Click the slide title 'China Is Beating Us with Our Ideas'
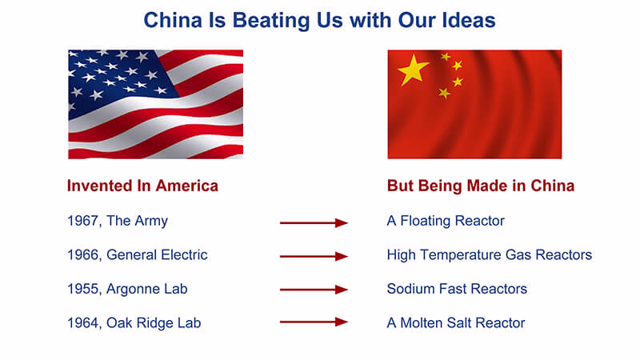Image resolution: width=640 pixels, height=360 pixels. coord(319,21)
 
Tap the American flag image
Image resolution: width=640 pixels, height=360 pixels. coord(155,104)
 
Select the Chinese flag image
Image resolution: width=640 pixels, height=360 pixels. coord(474,104)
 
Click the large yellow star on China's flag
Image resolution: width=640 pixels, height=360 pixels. coord(413,70)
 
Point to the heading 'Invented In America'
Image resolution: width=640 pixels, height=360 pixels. coord(142,186)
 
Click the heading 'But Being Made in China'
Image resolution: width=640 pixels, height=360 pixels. coord(481,186)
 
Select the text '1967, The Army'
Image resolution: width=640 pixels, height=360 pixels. coord(118,221)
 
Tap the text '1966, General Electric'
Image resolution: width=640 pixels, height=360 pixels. coord(138,254)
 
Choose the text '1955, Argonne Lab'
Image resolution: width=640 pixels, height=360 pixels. coord(127,289)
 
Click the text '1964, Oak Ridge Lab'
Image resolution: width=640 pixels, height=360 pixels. coord(134,323)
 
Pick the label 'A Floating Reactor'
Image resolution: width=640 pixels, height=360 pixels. coord(446,221)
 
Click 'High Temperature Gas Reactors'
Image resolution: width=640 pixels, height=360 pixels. coord(490,254)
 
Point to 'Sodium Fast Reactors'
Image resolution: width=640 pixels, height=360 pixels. coord(457,289)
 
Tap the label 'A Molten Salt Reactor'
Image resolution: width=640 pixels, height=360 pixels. coord(456,323)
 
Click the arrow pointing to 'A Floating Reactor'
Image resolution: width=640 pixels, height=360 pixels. coord(314,223)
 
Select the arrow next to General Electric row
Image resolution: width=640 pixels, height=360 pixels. coord(314,256)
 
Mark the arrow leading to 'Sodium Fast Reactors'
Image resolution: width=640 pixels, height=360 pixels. coord(314,290)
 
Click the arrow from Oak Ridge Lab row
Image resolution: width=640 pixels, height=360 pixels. coord(314,322)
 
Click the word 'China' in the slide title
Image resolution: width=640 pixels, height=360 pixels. coord(173,21)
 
